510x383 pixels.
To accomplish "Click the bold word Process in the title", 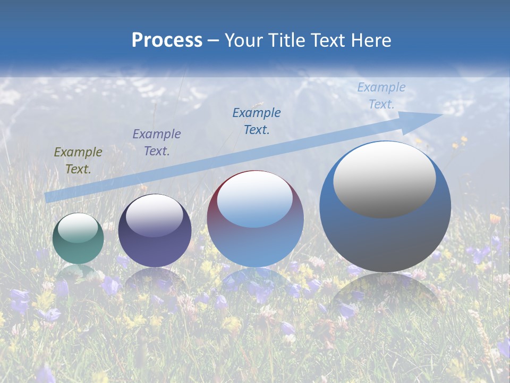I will coord(167,40).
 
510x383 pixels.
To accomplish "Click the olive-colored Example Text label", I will coord(78,161).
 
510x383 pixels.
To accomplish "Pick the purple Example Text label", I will coord(156,143).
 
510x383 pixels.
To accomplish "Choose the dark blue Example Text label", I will coord(256,121).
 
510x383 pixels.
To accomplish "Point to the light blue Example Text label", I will coord(381,96).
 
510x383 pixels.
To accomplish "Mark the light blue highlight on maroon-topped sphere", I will coord(254,200).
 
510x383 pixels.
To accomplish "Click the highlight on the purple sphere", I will coord(154,215).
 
